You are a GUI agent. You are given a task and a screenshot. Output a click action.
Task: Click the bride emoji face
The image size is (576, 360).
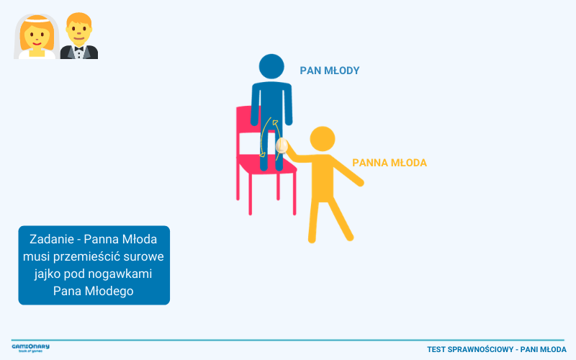point(37,35)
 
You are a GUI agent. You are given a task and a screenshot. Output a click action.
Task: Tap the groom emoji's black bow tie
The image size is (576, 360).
point(79,48)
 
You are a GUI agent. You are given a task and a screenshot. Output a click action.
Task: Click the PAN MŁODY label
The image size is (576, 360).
point(330,71)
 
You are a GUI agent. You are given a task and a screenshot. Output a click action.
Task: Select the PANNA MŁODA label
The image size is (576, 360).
point(390,163)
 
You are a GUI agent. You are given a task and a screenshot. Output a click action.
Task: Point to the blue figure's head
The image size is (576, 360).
point(271,66)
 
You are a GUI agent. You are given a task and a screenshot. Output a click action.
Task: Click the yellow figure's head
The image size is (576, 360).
point(323,139)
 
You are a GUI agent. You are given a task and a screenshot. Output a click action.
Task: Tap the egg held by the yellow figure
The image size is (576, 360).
point(282,145)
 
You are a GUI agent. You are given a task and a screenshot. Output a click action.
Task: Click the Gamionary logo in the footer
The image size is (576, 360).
point(30,348)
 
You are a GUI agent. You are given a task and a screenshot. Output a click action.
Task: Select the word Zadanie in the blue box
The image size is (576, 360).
point(52,239)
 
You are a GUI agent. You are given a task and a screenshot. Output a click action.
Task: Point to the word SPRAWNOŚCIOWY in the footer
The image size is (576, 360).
point(480,349)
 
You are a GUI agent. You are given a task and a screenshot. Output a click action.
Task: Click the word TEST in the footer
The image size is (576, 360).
point(436,349)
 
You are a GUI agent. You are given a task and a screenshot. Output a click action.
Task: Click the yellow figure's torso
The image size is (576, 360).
point(323,178)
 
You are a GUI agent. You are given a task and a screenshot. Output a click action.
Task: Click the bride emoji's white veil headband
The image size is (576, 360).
point(37,21)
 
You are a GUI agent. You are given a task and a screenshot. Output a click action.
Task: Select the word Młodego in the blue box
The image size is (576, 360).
point(109,292)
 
